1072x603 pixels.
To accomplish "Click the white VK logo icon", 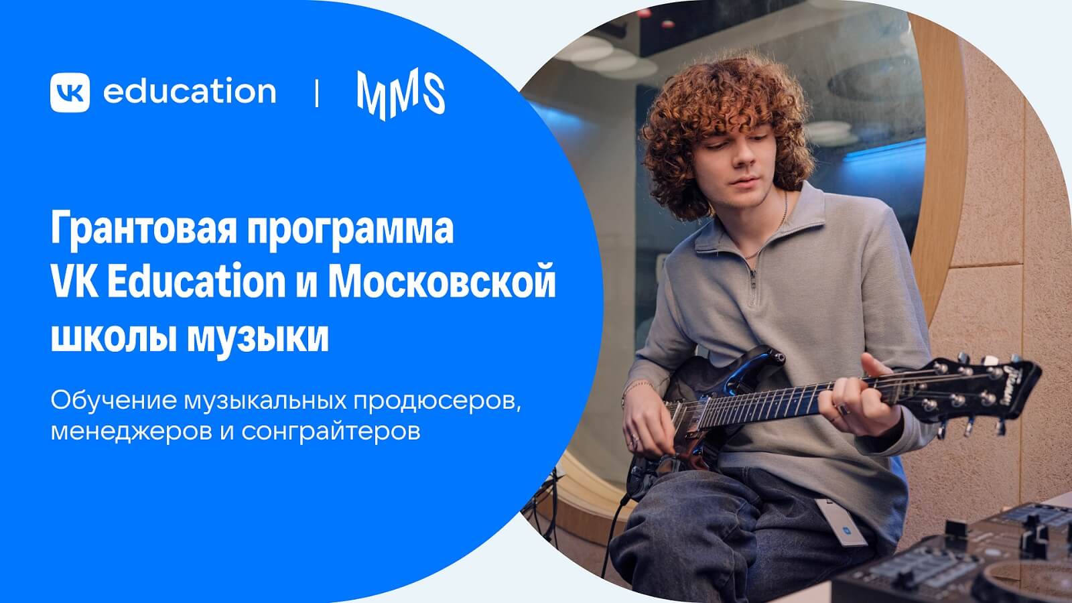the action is click(70, 92).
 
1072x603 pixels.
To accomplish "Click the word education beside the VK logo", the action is click(190, 90).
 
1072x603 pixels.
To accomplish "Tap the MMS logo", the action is click(401, 94).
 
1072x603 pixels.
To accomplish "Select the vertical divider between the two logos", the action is click(317, 92).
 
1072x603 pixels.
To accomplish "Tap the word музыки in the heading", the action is click(257, 338).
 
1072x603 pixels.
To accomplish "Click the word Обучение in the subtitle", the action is click(114, 401).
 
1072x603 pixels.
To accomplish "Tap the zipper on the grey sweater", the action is click(753, 281).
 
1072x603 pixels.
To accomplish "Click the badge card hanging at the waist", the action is click(842, 523).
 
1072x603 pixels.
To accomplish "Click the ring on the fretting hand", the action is click(843, 409).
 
